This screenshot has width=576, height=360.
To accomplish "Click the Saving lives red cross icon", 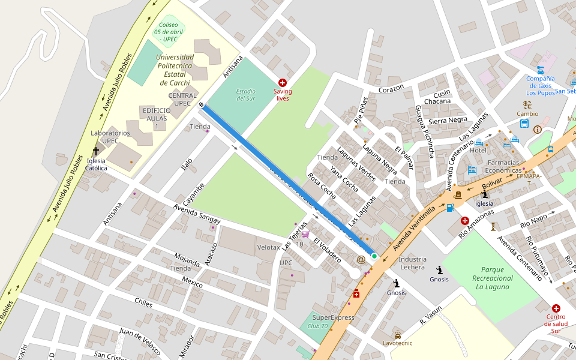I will [283, 82].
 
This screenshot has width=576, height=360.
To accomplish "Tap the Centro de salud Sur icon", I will [556, 308].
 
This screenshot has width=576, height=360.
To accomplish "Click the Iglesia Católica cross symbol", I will [95, 152].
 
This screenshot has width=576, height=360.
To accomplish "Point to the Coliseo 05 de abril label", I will [168, 31].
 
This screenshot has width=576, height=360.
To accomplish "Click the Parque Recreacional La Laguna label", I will [493, 278].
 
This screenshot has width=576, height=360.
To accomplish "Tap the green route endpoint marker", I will [374, 256].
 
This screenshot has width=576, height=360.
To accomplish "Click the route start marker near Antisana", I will [202, 105].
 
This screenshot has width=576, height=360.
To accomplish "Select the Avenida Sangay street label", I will [197, 215].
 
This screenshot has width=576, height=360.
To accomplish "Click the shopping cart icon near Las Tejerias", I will [305, 235].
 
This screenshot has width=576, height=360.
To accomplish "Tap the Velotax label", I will [268, 247].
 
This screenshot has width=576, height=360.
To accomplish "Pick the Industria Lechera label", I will [412, 263].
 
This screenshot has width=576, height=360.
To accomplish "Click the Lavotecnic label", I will [398, 343].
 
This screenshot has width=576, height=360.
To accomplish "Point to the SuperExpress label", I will [334, 317].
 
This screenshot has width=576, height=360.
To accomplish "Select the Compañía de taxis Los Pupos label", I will [541, 85].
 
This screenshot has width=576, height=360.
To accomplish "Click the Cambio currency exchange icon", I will [527, 104].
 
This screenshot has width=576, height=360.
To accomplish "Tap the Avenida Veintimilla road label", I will [413, 226].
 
